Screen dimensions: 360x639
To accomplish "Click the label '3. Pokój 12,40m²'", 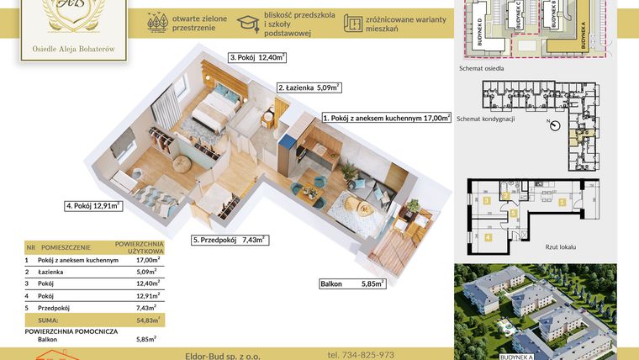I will click(257, 57).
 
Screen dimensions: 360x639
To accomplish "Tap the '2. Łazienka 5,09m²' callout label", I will click(308, 87).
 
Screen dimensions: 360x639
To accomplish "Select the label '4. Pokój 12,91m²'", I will click(93, 204).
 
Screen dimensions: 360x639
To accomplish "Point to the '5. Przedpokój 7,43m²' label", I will click(230, 240).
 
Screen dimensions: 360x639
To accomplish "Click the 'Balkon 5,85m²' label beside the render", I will click(352, 284).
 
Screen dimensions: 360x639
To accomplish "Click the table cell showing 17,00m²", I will click(149, 261).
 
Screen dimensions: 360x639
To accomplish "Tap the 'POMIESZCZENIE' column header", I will click(68, 249).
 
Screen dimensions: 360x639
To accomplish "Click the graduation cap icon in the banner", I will click(247, 23).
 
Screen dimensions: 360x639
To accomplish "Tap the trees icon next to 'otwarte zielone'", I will click(156, 23).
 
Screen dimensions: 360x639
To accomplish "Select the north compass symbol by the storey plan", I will click(553, 125).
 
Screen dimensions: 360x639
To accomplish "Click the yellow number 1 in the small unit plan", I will click(562, 202).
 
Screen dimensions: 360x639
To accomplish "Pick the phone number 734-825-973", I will click(361, 355).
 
